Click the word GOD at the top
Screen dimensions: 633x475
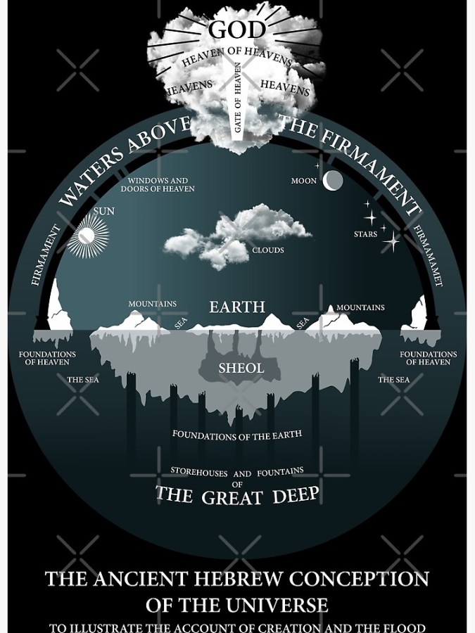(x=237, y=30)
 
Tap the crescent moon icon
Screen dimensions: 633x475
(x=333, y=181)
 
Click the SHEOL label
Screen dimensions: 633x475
(x=241, y=368)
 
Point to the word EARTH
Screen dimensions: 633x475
(x=237, y=307)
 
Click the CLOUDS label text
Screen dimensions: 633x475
(x=268, y=250)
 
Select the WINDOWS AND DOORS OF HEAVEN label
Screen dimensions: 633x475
(x=158, y=185)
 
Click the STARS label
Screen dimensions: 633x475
(x=365, y=234)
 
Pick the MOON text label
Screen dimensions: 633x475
(x=304, y=181)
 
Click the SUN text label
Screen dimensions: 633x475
(x=103, y=211)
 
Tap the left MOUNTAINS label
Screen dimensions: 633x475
(x=153, y=304)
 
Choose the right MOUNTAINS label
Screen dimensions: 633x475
(x=360, y=307)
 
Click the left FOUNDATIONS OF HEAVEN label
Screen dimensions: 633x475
(x=47, y=358)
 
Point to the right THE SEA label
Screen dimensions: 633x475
(x=393, y=380)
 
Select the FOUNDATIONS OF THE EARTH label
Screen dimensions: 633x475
(x=237, y=435)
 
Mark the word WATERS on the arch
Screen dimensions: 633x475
(x=91, y=175)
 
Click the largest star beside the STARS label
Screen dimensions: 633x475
(x=391, y=242)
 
